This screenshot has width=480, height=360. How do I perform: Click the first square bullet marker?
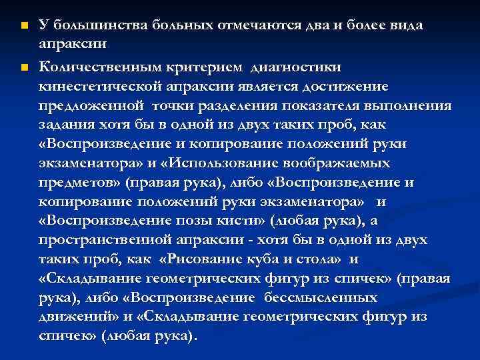pyautogui.click(x=23, y=26)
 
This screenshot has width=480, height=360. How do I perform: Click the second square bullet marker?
pyautogui.click(x=23, y=68)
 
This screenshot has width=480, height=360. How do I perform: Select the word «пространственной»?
pyautogui.click(x=93, y=240)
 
